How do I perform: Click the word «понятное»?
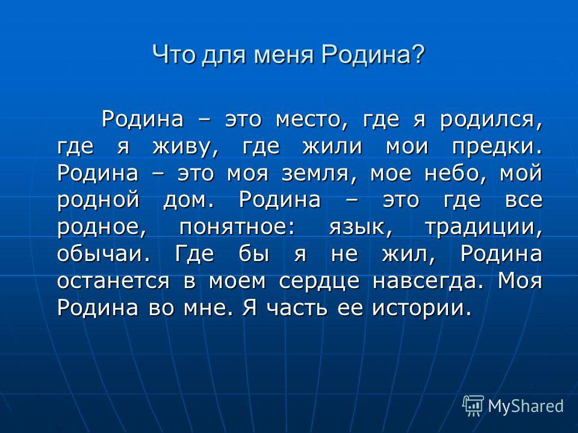[237, 227]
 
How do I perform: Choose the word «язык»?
[361, 227]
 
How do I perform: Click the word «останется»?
[114, 281]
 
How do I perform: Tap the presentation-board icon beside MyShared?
[473, 406]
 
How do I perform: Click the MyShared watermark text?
[526, 406]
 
